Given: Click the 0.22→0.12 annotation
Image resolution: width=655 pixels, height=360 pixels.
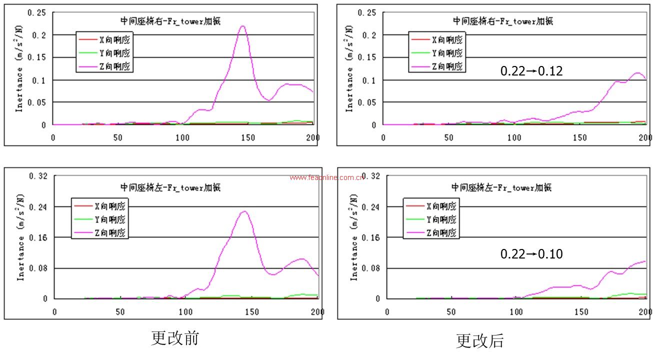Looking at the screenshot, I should [531, 71].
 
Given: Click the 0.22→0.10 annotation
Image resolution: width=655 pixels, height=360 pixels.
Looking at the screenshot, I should [531, 254].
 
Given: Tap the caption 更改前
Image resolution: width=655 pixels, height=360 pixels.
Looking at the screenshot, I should [175, 338].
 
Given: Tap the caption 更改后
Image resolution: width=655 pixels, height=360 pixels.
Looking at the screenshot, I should [479, 340].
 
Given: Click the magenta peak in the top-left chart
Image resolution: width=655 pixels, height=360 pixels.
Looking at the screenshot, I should [243, 26].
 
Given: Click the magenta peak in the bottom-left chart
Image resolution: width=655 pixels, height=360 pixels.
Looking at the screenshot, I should [244, 211].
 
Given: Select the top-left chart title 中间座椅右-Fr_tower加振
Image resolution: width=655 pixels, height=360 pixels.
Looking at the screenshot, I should [170, 21].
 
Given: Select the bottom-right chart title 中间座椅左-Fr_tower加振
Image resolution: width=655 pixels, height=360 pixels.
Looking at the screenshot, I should [501, 187].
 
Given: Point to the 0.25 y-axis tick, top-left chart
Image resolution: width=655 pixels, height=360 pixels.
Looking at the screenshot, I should [36, 12].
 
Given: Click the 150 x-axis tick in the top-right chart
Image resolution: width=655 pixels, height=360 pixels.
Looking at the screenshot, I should [580, 137].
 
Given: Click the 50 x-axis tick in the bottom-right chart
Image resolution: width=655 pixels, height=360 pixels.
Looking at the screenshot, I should [451, 312].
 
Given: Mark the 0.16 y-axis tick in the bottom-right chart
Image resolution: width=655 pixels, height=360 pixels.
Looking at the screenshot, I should [370, 238].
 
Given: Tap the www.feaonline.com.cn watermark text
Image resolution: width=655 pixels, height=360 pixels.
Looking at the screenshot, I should [328, 177].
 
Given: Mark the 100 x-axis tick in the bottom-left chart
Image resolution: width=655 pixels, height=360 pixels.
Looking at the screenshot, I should [185, 312].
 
